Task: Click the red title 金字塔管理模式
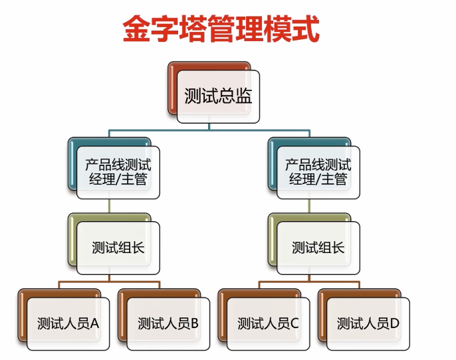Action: pyautogui.click(x=221, y=29)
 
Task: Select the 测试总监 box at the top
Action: pyautogui.click(x=214, y=92)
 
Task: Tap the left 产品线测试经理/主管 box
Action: pyautogui.click(x=114, y=168)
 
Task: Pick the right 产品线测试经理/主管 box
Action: pyautogui.click(x=314, y=168)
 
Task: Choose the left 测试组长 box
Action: pyautogui.click(x=114, y=244)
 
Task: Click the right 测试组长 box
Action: pyautogui.click(x=314, y=244)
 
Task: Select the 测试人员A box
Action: pyautogui.click(x=64, y=319)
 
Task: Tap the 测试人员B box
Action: pyautogui.click(x=164, y=319)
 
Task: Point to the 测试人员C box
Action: pyautogui.click(x=264, y=319)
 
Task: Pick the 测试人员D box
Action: pyautogui.click(x=364, y=319)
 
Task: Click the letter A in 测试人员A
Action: pyautogui.click(x=94, y=323)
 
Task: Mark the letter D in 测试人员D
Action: pyautogui.click(x=394, y=323)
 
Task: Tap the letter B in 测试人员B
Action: pyautogui.click(x=194, y=323)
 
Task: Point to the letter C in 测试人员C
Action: pyautogui.click(x=294, y=323)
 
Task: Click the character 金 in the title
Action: pyautogui.click(x=136, y=29)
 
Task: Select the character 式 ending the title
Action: pyautogui.click(x=306, y=29)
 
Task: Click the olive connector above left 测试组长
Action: pyautogui.click(x=109, y=206)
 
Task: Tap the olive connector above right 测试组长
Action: pyautogui.click(x=309, y=206)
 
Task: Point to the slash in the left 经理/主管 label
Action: pyautogui.click(x=118, y=179)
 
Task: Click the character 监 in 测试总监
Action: pyautogui.click(x=244, y=96)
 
